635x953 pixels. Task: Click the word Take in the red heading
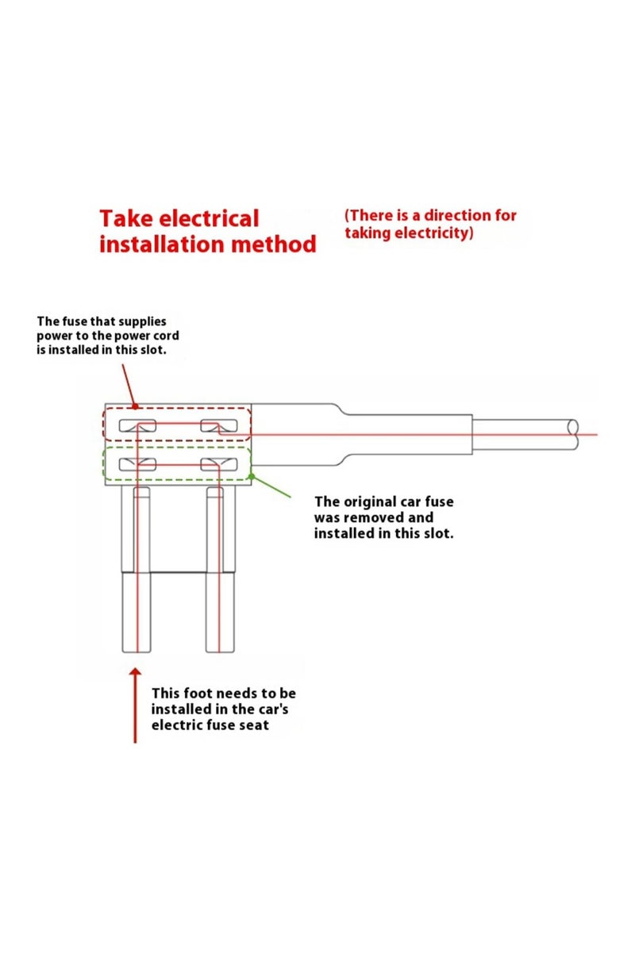click(x=125, y=219)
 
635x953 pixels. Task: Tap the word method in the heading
click(x=274, y=244)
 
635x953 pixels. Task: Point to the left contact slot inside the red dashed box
click(x=137, y=426)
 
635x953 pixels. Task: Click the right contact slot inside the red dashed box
click(x=220, y=426)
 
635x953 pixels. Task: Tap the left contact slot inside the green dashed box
click(x=137, y=463)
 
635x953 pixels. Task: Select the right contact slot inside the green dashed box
click(x=220, y=463)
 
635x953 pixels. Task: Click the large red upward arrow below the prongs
click(x=135, y=706)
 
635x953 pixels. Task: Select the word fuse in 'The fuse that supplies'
click(x=75, y=321)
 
